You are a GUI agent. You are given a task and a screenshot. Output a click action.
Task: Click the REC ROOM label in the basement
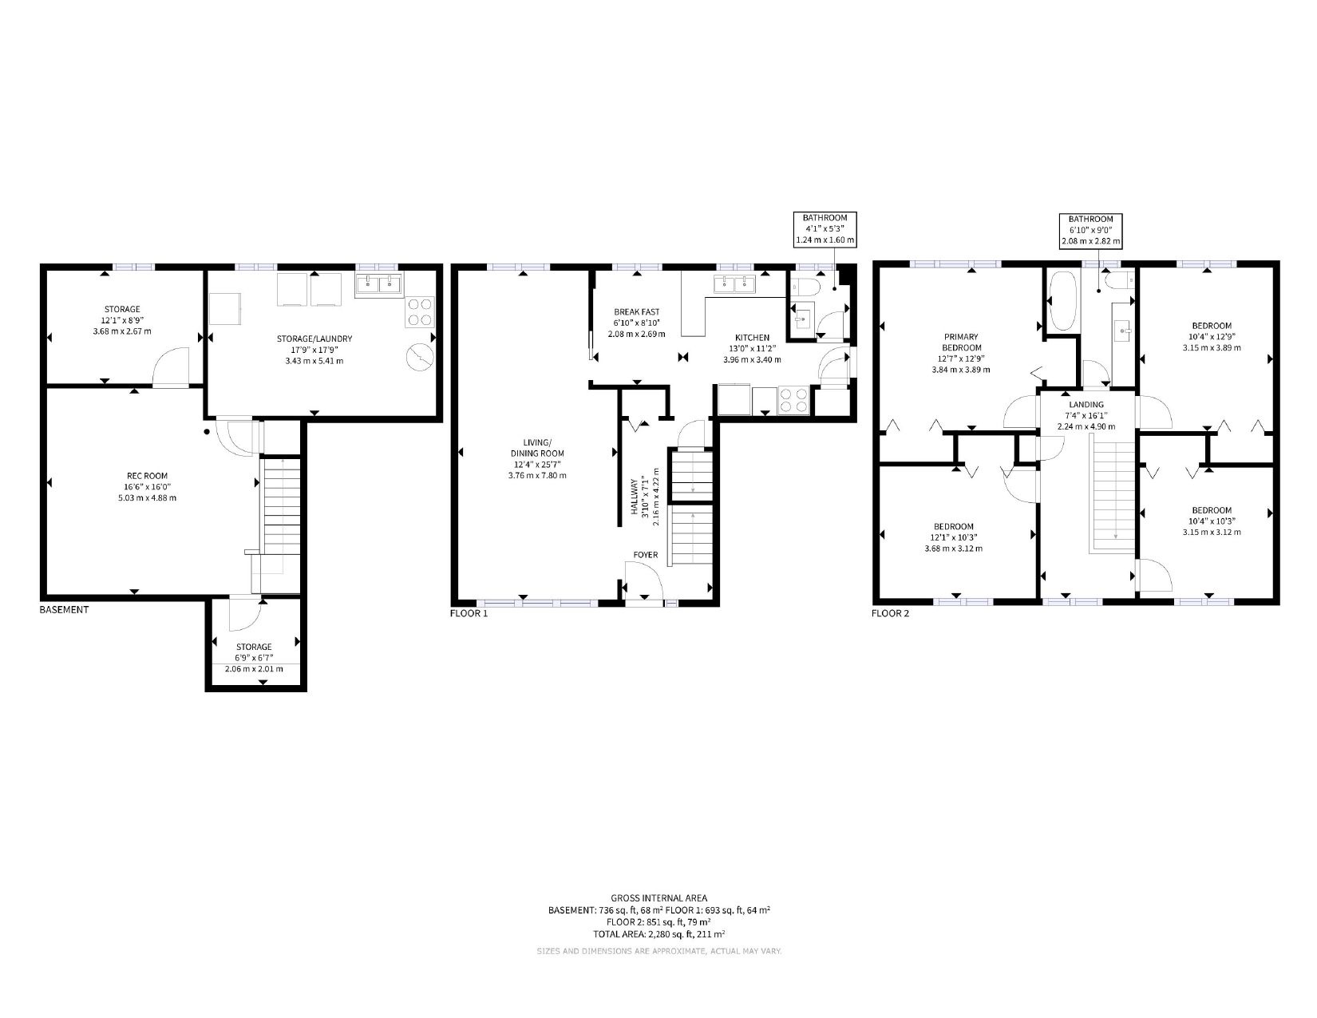tap(148, 476)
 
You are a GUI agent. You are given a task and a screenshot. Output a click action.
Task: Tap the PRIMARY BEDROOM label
tap(961, 342)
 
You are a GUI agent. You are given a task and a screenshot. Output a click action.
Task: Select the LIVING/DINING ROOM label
tap(537, 447)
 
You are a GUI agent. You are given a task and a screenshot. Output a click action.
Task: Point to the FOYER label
tap(646, 555)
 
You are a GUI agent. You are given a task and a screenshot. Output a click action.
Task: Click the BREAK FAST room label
tap(636, 312)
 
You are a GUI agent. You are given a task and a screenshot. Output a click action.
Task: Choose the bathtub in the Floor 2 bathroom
tap(1063, 301)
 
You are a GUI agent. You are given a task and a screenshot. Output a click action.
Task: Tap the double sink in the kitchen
tap(734, 283)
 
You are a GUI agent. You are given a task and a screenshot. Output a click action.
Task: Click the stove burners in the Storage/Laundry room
tap(419, 311)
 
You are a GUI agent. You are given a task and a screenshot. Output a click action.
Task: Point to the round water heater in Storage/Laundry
tap(420, 357)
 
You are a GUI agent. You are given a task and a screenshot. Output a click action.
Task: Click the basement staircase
tap(281, 505)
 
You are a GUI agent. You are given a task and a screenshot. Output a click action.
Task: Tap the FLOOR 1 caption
tap(469, 613)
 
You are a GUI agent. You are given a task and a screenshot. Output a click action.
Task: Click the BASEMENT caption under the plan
tap(64, 610)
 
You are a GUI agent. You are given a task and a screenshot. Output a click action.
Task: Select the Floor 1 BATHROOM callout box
tap(825, 228)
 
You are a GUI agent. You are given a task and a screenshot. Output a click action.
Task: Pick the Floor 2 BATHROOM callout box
tap(1090, 231)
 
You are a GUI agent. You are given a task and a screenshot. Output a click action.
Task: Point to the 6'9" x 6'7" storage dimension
tap(254, 658)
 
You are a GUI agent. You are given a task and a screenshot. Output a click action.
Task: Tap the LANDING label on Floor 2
tap(1086, 405)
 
